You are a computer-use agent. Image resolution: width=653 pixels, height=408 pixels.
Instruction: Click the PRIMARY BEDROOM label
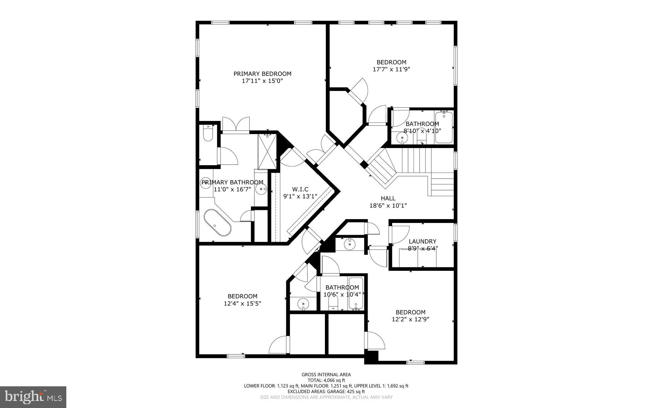262,74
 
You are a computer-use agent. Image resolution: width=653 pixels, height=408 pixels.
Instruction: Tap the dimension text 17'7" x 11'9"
391,69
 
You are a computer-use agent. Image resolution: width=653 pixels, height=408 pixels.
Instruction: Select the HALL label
388,198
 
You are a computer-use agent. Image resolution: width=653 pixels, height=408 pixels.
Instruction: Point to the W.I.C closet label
300,189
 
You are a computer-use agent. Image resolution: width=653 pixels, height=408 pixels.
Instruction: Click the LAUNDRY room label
422,241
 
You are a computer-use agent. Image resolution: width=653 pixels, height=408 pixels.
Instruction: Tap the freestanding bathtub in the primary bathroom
217,222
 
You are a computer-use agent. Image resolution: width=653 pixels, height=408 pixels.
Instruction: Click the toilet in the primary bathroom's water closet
208,133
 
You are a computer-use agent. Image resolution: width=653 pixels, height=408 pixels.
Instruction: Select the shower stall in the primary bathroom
267,152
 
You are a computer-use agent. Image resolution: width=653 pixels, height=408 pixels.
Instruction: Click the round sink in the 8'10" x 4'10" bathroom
402,138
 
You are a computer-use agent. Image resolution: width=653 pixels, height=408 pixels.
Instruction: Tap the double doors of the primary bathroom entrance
236,125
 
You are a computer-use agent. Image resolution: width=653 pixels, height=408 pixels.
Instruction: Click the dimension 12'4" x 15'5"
242,304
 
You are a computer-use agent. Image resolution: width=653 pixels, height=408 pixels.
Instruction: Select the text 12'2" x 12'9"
410,319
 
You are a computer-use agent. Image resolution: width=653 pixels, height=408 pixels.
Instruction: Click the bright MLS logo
33,397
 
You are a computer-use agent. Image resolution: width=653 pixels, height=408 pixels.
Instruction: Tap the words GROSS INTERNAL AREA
326,375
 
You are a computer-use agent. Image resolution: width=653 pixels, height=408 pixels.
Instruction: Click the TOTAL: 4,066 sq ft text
326,380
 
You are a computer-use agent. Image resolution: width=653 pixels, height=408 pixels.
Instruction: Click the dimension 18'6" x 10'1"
388,206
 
